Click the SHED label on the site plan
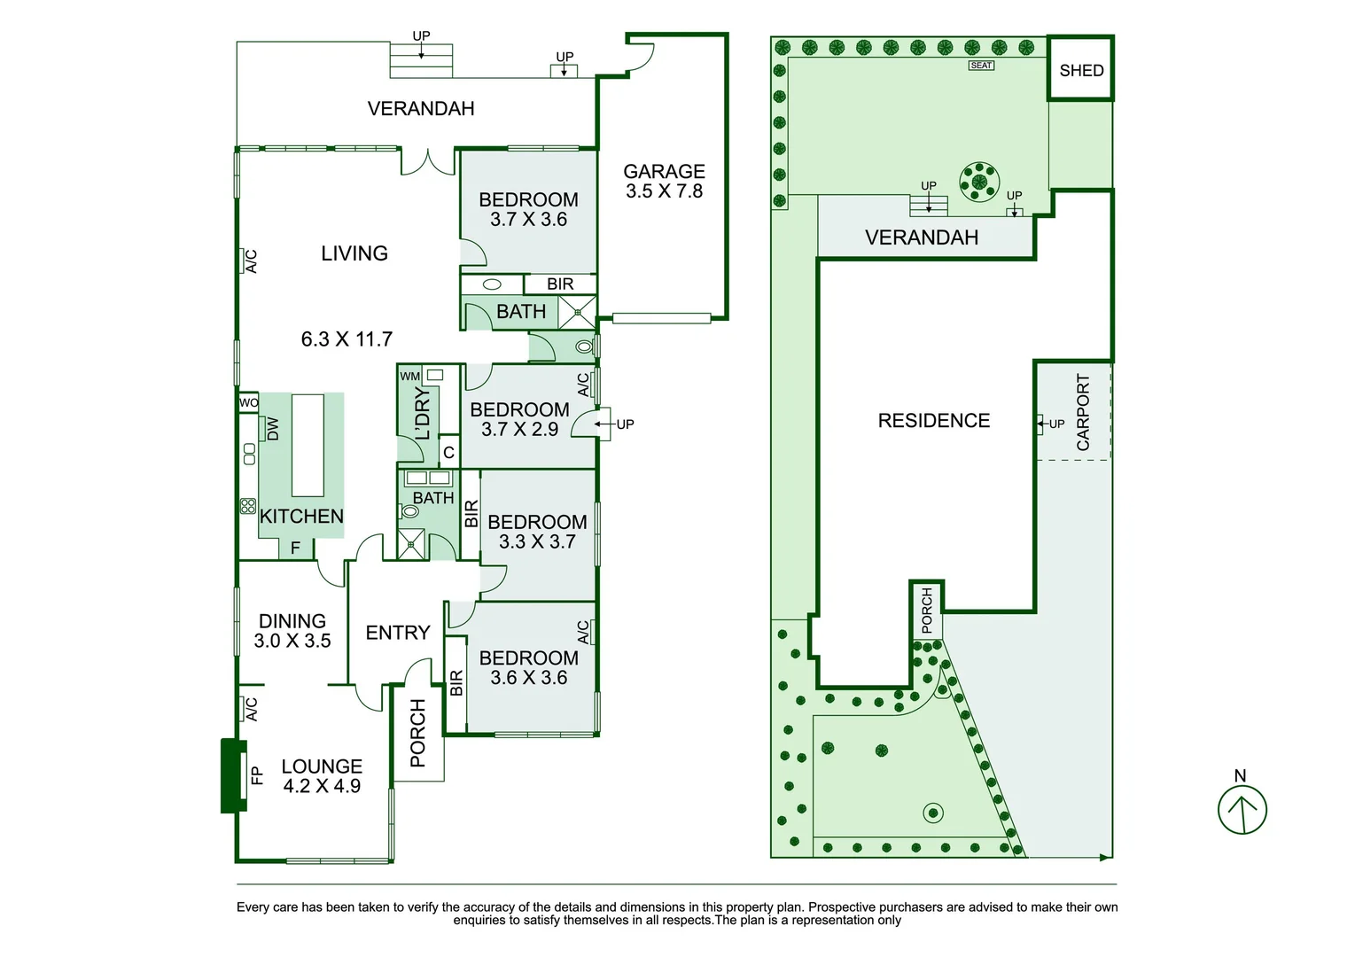pos(1081,71)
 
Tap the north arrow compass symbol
pos(1242,809)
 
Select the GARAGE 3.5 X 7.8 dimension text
pos(664,191)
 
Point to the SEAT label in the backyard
pos(981,66)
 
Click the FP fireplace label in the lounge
pos(257,775)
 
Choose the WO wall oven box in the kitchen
pos(249,402)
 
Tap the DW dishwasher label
pos(273,429)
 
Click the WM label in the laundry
pos(409,377)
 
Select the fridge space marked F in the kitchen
pos(296,549)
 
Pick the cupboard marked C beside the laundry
pos(448,453)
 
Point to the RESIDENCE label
pos(933,420)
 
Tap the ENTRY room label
pos(397,633)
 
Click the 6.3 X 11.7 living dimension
pos(347,338)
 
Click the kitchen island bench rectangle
pos(308,445)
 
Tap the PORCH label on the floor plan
pos(418,733)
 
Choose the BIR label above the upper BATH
pos(559,284)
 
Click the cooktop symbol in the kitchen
pos(248,506)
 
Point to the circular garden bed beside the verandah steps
pos(978,181)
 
